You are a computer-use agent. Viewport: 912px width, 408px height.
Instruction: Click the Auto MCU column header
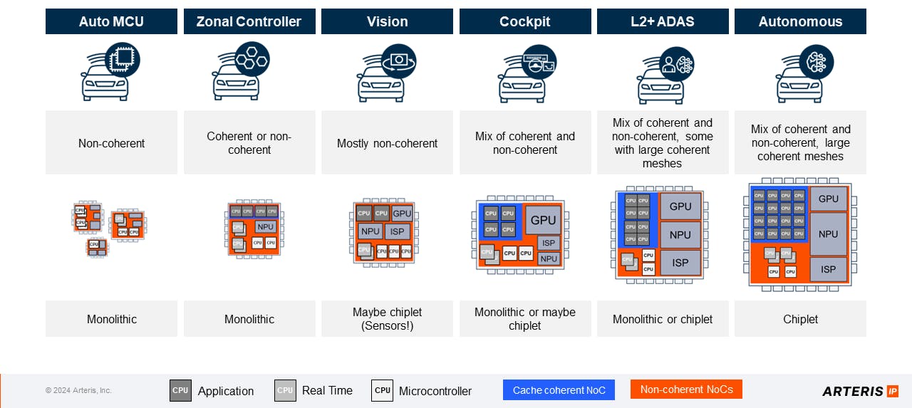pos(111,21)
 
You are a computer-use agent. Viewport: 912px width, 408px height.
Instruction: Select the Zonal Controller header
pos(249,21)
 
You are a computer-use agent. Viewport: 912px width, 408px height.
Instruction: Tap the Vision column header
pos(387,21)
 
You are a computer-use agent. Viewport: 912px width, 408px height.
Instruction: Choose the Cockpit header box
pos(525,21)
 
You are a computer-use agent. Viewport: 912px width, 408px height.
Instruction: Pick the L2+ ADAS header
pos(663,21)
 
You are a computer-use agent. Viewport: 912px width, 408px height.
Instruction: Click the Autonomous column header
pos(800,21)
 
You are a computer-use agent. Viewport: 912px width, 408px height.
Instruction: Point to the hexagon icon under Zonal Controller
pos(252,58)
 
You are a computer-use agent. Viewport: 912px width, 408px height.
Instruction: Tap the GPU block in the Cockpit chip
pos(543,220)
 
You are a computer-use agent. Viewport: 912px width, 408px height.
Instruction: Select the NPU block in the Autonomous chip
pos(829,234)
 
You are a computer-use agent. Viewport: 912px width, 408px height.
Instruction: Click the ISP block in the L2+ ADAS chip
pos(680,263)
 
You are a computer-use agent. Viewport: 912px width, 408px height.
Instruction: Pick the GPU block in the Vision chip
pos(403,214)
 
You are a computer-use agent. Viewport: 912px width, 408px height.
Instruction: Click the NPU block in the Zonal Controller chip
pos(265,226)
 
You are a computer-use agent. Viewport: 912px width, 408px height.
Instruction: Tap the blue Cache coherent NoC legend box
pos(559,390)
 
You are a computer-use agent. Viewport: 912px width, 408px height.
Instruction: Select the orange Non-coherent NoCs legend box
pos(686,389)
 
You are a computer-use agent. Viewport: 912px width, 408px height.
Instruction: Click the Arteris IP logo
pos(860,391)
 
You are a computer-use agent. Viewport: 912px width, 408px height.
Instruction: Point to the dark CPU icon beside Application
pos(180,390)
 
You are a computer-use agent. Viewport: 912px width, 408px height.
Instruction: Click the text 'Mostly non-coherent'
pos(387,143)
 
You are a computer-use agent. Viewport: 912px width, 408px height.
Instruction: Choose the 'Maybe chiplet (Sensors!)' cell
pos(387,319)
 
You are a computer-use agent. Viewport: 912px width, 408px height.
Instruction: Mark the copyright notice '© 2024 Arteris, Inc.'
pos(78,390)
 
